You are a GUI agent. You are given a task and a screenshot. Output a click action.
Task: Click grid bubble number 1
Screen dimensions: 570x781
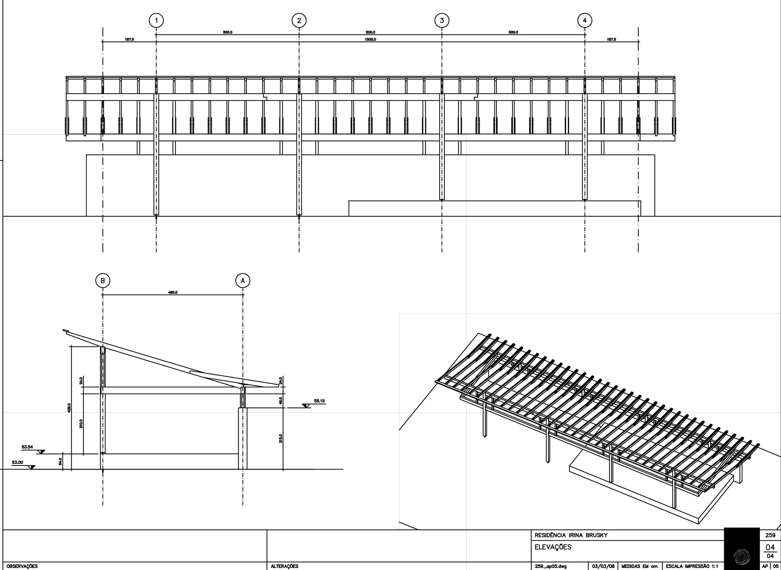click(x=156, y=20)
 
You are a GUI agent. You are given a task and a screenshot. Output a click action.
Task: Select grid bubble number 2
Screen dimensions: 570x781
click(x=299, y=20)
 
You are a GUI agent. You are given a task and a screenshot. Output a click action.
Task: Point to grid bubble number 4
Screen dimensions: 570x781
click(x=585, y=20)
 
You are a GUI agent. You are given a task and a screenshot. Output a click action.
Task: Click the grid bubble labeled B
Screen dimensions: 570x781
click(x=102, y=281)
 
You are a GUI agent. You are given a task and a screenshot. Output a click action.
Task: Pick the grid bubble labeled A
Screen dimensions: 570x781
click(x=242, y=281)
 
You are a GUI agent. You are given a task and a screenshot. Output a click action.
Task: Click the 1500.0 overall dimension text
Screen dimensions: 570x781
click(x=370, y=39)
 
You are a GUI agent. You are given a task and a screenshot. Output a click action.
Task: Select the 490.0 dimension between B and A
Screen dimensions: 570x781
click(x=172, y=292)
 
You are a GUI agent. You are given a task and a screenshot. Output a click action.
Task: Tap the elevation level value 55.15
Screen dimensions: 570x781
click(x=319, y=401)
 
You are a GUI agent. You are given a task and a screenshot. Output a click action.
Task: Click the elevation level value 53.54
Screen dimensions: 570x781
click(x=27, y=447)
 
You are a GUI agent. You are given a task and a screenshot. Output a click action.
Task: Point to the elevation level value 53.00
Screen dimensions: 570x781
click(x=17, y=462)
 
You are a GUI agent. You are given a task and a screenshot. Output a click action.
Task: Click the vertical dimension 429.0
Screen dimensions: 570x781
click(x=69, y=408)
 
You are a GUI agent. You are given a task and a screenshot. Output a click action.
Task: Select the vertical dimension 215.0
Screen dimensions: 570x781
click(x=281, y=438)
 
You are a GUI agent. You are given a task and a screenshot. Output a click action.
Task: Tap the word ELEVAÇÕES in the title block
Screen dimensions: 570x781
click(x=553, y=547)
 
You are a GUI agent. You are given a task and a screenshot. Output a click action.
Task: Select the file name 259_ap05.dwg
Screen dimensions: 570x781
click(x=550, y=566)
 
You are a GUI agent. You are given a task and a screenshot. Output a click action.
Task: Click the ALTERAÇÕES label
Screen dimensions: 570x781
click(x=285, y=566)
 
